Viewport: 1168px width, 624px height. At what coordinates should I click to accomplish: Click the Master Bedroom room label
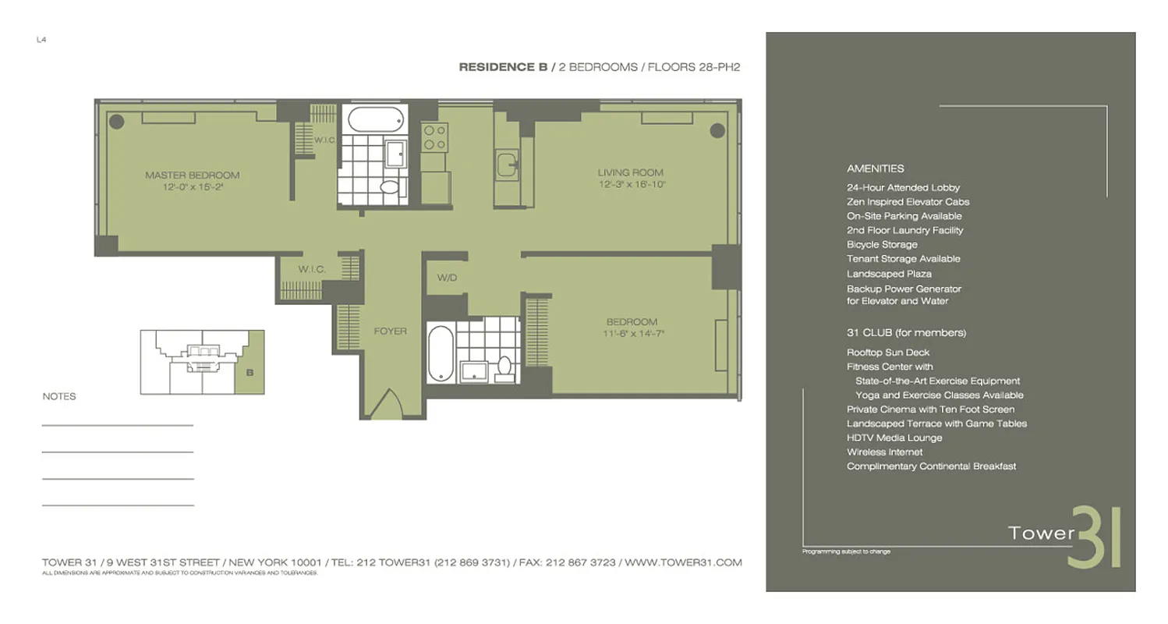[x=192, y=175]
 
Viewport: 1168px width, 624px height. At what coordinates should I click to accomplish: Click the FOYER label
[x=390, y=331]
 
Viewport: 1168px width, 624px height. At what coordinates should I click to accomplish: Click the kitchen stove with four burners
[x=434, y=138]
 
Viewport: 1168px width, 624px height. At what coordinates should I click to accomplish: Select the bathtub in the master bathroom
[x=376, y=120]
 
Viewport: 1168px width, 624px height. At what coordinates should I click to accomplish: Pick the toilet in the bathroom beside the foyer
[x=504, y=365]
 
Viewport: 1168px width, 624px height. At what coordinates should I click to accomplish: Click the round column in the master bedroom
[x=116, y=121]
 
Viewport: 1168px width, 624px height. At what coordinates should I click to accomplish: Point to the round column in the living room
[x=717, y=130]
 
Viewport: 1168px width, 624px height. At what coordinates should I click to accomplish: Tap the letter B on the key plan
[x=250, y=373]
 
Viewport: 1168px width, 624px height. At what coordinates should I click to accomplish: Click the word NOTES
[x=59, y=397]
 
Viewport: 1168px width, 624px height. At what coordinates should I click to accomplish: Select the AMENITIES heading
[x=875, y=168]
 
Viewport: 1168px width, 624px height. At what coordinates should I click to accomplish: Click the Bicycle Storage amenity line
[x=882, y=244]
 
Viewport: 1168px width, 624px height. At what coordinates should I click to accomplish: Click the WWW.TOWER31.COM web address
[x=683, y=562]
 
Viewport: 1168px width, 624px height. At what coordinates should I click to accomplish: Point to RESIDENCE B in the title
[x=502, y=67]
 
